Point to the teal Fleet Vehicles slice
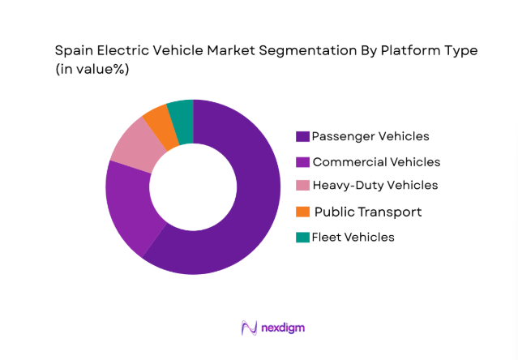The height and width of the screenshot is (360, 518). [182, 112]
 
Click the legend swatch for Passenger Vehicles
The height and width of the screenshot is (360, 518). [302, 136]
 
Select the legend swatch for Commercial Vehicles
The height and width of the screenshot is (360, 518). [302, 161]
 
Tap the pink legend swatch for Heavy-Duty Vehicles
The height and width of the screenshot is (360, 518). [302, 186]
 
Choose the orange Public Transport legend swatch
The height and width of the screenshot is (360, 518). [302, 212]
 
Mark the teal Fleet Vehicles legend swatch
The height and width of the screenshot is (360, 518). [302, 237]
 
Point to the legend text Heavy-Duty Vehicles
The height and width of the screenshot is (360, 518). [375, 186]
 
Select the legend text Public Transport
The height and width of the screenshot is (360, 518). [367, 212]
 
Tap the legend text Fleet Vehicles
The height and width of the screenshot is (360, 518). [353, 237]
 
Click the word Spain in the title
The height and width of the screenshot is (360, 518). [74, 50]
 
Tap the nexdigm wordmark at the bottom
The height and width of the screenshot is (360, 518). [283, 328]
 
